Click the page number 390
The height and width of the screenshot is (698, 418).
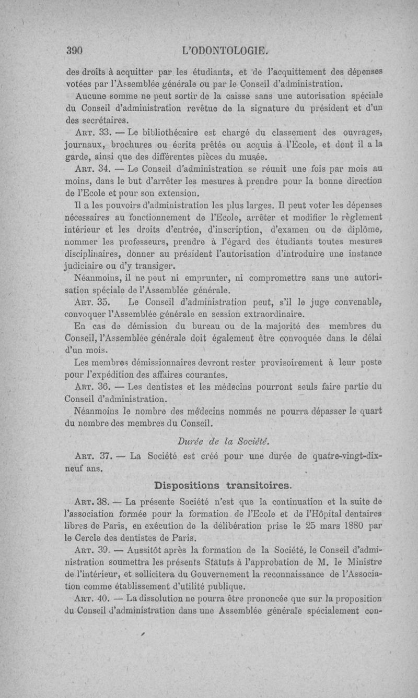[76, 51]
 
